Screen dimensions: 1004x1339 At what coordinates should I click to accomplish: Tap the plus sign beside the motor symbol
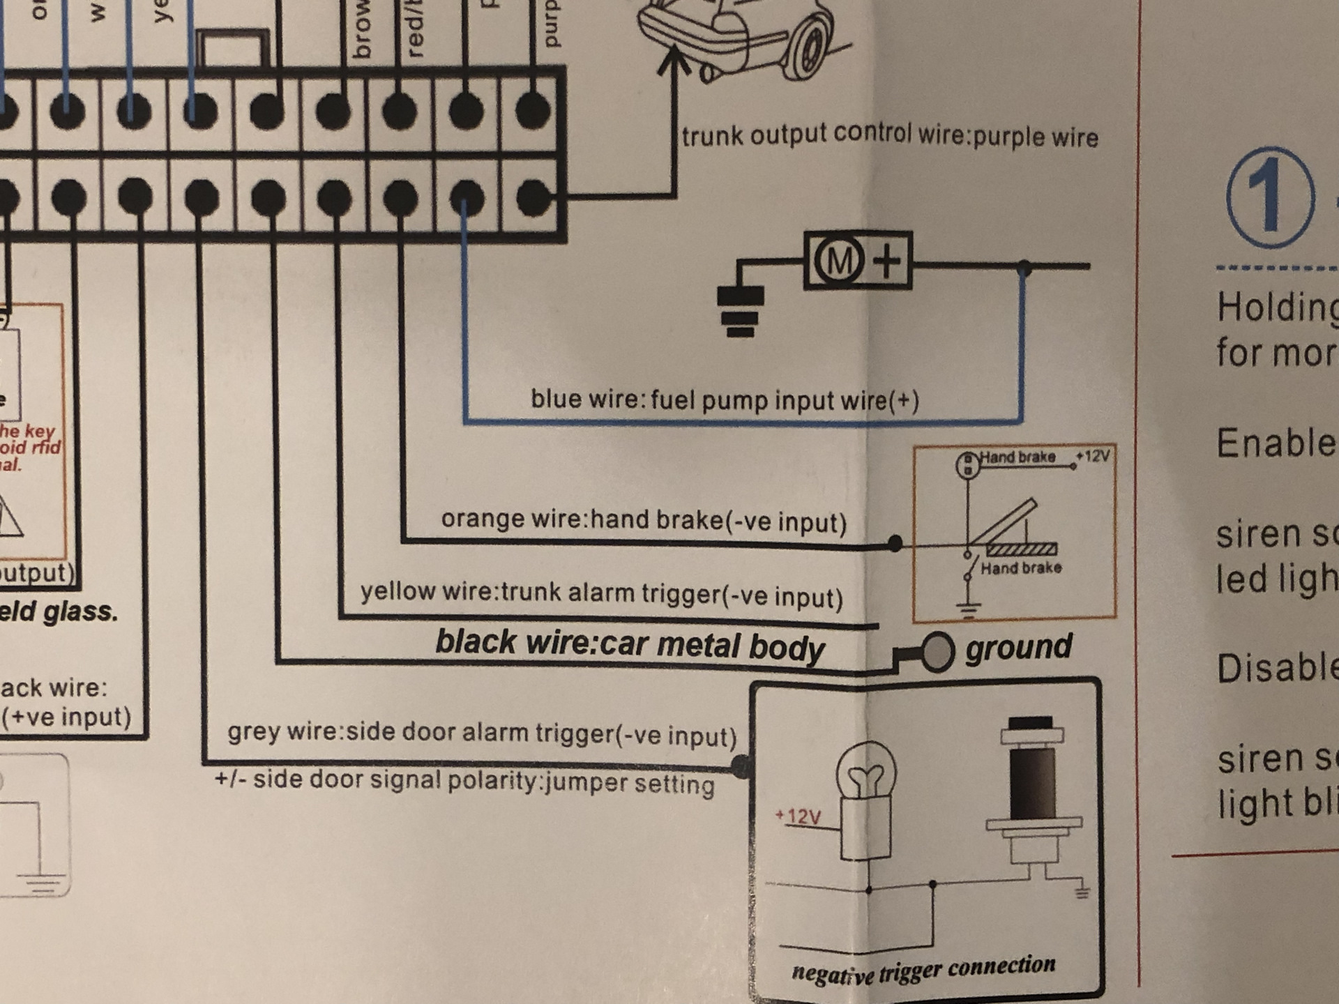tap(887, 261)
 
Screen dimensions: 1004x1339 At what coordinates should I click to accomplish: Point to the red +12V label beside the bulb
tap(799, 816)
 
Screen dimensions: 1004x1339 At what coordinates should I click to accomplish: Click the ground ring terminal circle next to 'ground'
tap(937, 652)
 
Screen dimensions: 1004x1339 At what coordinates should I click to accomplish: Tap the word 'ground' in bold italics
tap(1018, 646)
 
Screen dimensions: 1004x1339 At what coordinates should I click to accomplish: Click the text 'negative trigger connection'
tap(923, 970)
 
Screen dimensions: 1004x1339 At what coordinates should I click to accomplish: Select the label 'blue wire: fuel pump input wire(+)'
tap(725, 400)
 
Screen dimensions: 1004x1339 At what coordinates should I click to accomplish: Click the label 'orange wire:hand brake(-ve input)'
tap(643, 520)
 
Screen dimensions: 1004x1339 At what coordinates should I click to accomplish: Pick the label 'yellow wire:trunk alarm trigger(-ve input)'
tap(601, 594)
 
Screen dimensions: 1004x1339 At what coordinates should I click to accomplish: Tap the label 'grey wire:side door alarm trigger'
tap(481, 733)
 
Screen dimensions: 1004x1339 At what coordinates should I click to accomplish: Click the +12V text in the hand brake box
tap(1093, 456)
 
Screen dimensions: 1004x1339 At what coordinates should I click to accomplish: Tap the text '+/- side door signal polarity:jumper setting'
tap(464, 782)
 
